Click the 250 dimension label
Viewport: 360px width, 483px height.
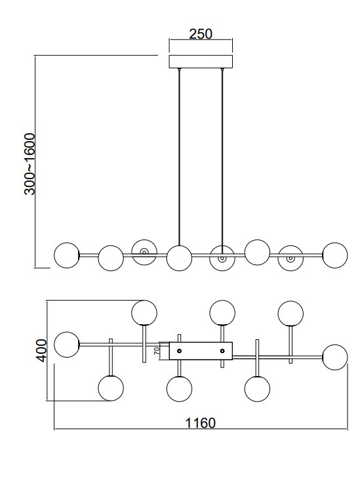point(201,34)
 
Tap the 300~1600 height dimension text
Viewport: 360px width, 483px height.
point(30,164)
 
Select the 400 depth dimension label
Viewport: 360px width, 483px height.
point(41,350)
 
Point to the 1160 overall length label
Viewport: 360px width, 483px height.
point(200,423)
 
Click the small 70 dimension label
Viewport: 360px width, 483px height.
point(157,351)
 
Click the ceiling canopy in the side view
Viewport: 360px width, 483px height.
point(201,62)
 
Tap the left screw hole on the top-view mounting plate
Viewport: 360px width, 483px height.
point(180,350)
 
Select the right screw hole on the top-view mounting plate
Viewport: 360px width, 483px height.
point(222,350)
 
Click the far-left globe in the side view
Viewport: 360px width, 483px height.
point(66,255)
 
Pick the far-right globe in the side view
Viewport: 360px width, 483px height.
point(335,255)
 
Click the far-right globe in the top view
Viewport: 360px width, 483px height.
point(335,357)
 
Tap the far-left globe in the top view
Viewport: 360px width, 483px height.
point(67,345)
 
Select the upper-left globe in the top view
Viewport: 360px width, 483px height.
point(144,312)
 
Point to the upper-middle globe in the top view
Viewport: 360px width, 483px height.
point(222,312)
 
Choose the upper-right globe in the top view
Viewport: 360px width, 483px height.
point(290,313)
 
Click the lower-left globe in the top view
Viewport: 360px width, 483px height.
point(111,388)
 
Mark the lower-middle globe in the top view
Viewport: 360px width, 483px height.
point(179,388)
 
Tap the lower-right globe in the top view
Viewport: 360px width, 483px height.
point(257,388)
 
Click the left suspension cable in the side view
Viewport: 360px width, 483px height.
point(179,157)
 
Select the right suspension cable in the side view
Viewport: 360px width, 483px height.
point(222,157)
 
